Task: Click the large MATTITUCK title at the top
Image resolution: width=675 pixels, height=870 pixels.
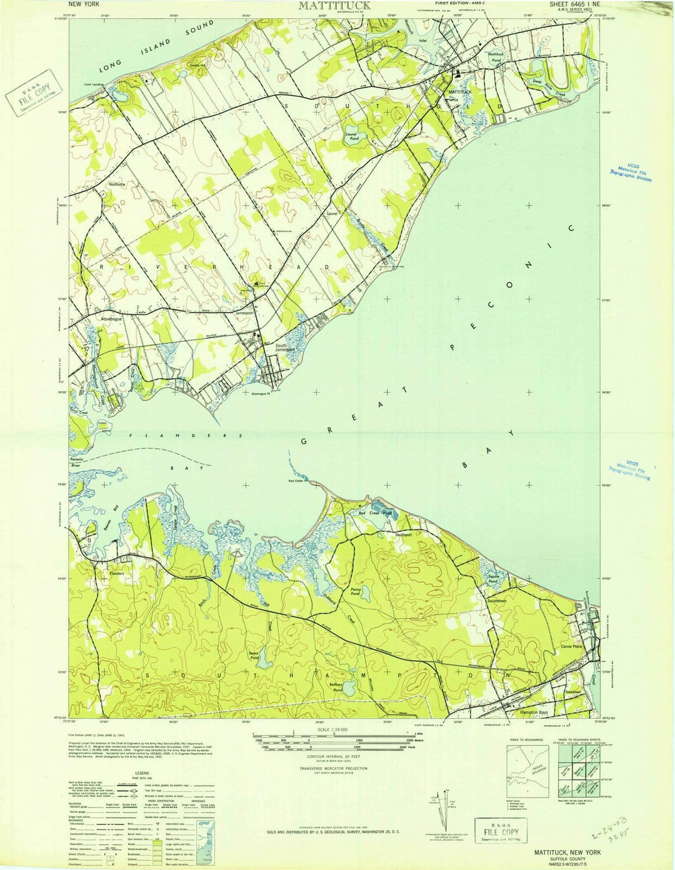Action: (x=334, y=6)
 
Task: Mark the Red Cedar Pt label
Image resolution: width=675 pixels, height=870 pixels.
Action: (x=299, y=481)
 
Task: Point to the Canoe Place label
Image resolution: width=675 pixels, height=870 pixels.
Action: (x=571, y=646)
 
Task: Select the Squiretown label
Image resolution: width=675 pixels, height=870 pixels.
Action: (x=500, y=601)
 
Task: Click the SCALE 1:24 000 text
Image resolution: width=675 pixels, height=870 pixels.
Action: (x=333, y=730)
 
